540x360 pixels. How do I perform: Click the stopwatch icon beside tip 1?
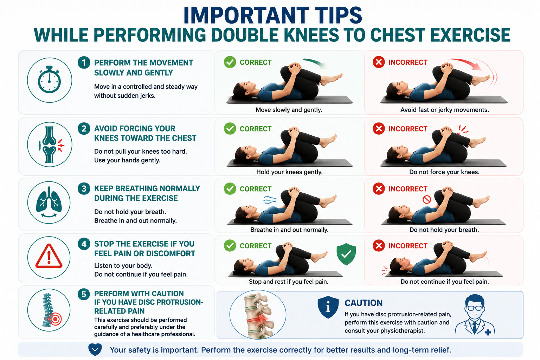(x=50, y=79)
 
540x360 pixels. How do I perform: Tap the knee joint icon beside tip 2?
(x=50, y=145)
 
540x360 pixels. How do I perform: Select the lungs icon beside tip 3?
(x=49, y=202)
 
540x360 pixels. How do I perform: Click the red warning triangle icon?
(x=49, y=256)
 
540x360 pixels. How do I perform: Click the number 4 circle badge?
(x=84, y=244)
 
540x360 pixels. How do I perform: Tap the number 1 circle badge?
(x=84, y=63)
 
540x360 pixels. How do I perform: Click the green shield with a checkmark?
(x=346, y=254)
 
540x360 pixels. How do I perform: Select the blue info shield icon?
(x=328, y=307)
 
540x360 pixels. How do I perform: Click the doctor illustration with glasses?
(x=475, y=314)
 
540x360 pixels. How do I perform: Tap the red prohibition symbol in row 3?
(x=427, y=199)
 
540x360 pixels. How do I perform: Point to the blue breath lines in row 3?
(x=270, y=200)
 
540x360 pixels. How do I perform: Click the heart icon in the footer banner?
(x=95, y=350)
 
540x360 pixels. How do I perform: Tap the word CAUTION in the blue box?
(x=364, y=303)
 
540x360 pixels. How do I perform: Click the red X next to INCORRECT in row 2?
(x=379, y=129)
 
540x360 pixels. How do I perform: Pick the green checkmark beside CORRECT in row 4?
(x=230, y=246)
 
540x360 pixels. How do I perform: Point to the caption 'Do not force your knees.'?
(x=444, y=172)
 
